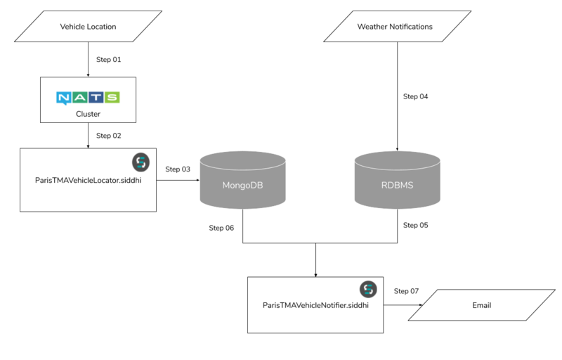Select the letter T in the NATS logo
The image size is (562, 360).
click(96, 97)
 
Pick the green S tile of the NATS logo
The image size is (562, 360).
click(112, 97)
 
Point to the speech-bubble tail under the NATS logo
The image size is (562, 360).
click(64, 105)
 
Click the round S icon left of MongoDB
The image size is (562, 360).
click(141, 162)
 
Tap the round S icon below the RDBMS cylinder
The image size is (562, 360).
click(368, 289)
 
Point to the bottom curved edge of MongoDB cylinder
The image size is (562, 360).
click(242, 208)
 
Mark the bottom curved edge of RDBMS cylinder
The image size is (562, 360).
click(397, 208)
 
